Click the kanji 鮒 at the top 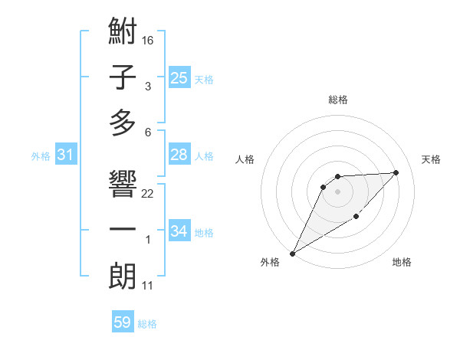pyautogui.click(x=123, y=34)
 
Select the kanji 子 pyautogui.click(x=123, y=78)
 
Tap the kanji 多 pyautogui.click(x=123, y=122)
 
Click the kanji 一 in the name pyautogui.click(x=123, y=230)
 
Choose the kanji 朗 pyautogui.click(x=123, y=276)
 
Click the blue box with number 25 pyautogui.click(x=179, y=77)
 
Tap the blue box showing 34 pyautogui.click(x=179, y=231)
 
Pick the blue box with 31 pyautogui.click(x=66, y=155)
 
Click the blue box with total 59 pyautogui.click(x=123, y=322)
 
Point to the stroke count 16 pyautogui.click(x=148, y=38)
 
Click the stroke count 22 pyautogui.click(x=148, y=193)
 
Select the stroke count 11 pyautogui.click(x=148, y=286)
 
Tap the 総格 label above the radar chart pyautogui.click(x=338, y=100)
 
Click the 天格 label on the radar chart pyautogui.click(x=431, y=159)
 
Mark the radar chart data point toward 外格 pyautogui.click(x=292, y=254)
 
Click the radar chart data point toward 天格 pyautogui.click(x=396, y=172)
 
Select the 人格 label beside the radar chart pyautogui.click(x=245, y=159)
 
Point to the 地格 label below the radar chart pyautogui.click(x=402, y=263)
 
